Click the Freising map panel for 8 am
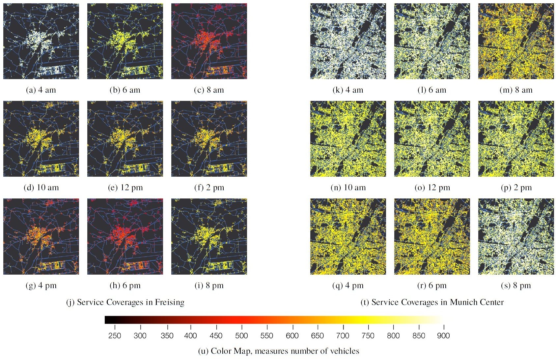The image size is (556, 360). (x=209, y=41)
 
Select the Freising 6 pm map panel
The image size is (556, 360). (x=125, y=236)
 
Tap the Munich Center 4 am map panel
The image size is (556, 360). (x=348, y=41)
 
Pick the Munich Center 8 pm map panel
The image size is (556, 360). (x=516, y=236)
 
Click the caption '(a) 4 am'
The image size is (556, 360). (x=41, y=90)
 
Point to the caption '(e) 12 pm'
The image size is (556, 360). (x=125, y=188)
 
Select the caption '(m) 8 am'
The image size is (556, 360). (x=516, y=90)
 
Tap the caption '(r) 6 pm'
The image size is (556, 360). (x=432, y=285)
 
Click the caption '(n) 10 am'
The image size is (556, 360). (x=348, y=188)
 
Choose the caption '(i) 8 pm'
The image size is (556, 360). (x=209, y=285)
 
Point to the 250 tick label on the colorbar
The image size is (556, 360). (x=115, y=336)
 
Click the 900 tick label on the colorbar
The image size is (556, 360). (x=443, y=336)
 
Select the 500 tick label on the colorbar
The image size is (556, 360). (x=241, y=336)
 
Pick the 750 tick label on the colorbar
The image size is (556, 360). (x=368, y=336)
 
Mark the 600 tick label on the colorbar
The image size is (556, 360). (x=292, y=336)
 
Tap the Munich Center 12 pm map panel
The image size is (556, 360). (x=432, y=139)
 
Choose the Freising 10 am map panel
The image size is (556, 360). (x=41, y=139)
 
